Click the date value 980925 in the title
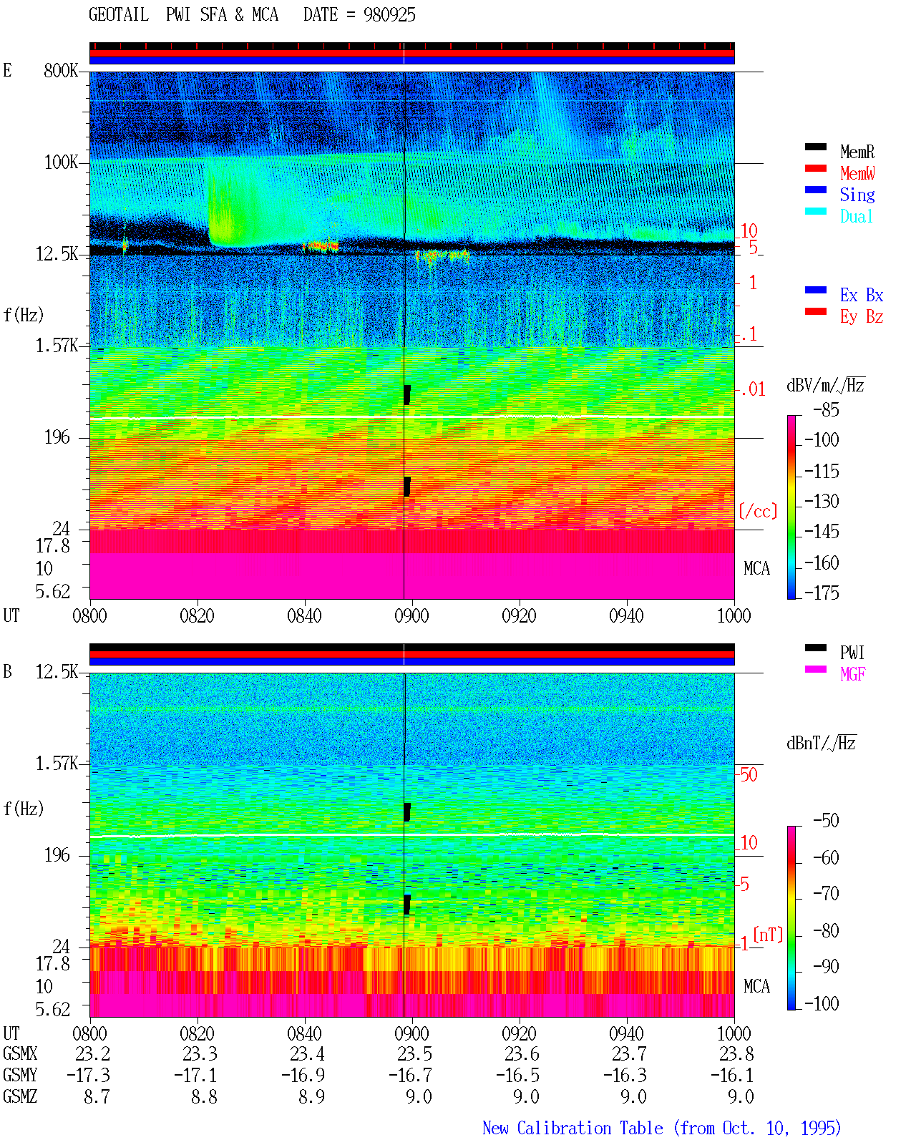(389, 15)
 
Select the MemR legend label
(857, 152)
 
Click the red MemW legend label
(857, 173)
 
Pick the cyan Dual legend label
(856, 216)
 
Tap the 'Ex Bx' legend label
(862, 295)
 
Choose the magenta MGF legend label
(853, 674)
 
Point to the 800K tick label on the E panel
(61, 70)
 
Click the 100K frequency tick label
(61, 162)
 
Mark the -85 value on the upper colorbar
(826, 409)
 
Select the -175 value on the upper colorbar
(822, 593)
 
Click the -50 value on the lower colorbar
(826, 821)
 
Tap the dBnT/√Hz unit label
(822, 743)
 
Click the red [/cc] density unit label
(758, 511)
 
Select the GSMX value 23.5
(414, 1053)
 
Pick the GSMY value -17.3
(89, 1075)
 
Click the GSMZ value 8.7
(97, 1096)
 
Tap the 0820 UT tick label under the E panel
(197, 615)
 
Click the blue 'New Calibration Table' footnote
(572, 1128)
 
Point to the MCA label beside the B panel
(756, 986)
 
